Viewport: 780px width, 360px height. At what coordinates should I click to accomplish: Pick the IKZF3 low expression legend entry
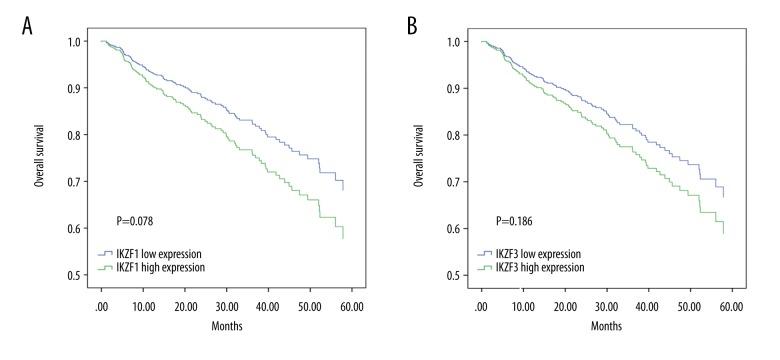pyautogui.click(x=544, y=254)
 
